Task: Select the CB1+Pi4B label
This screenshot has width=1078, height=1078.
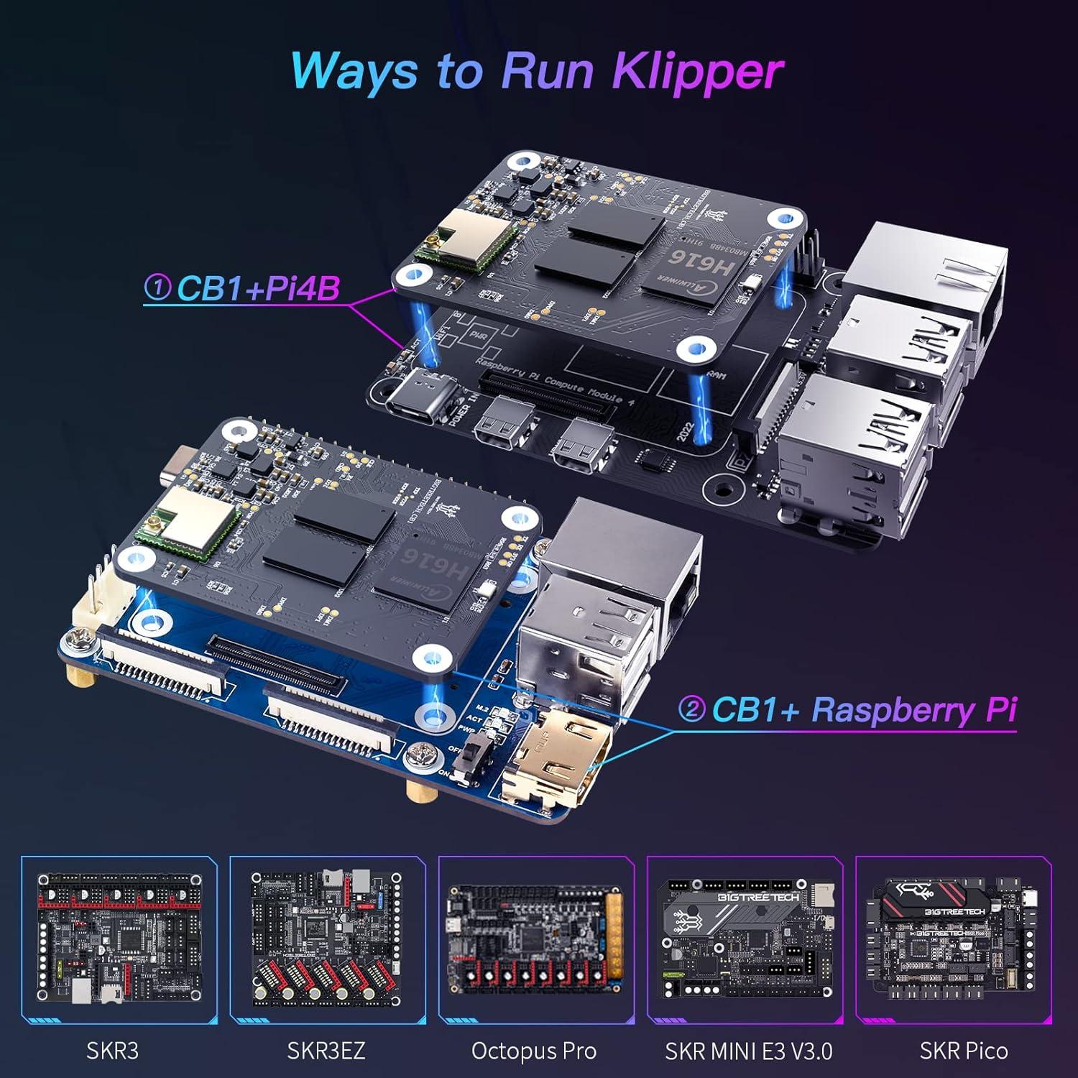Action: coord(257,288)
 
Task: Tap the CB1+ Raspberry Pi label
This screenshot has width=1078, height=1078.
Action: coord(863,710)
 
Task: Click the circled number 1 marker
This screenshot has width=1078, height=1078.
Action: coord(157,288)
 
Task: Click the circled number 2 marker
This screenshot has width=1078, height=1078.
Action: coord(691,710)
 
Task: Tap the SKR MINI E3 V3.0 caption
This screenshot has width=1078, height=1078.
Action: coord(748,1051)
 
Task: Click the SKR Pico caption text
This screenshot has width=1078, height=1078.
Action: coord(963,1051)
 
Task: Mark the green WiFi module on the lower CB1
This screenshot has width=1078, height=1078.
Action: coord(192,528)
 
